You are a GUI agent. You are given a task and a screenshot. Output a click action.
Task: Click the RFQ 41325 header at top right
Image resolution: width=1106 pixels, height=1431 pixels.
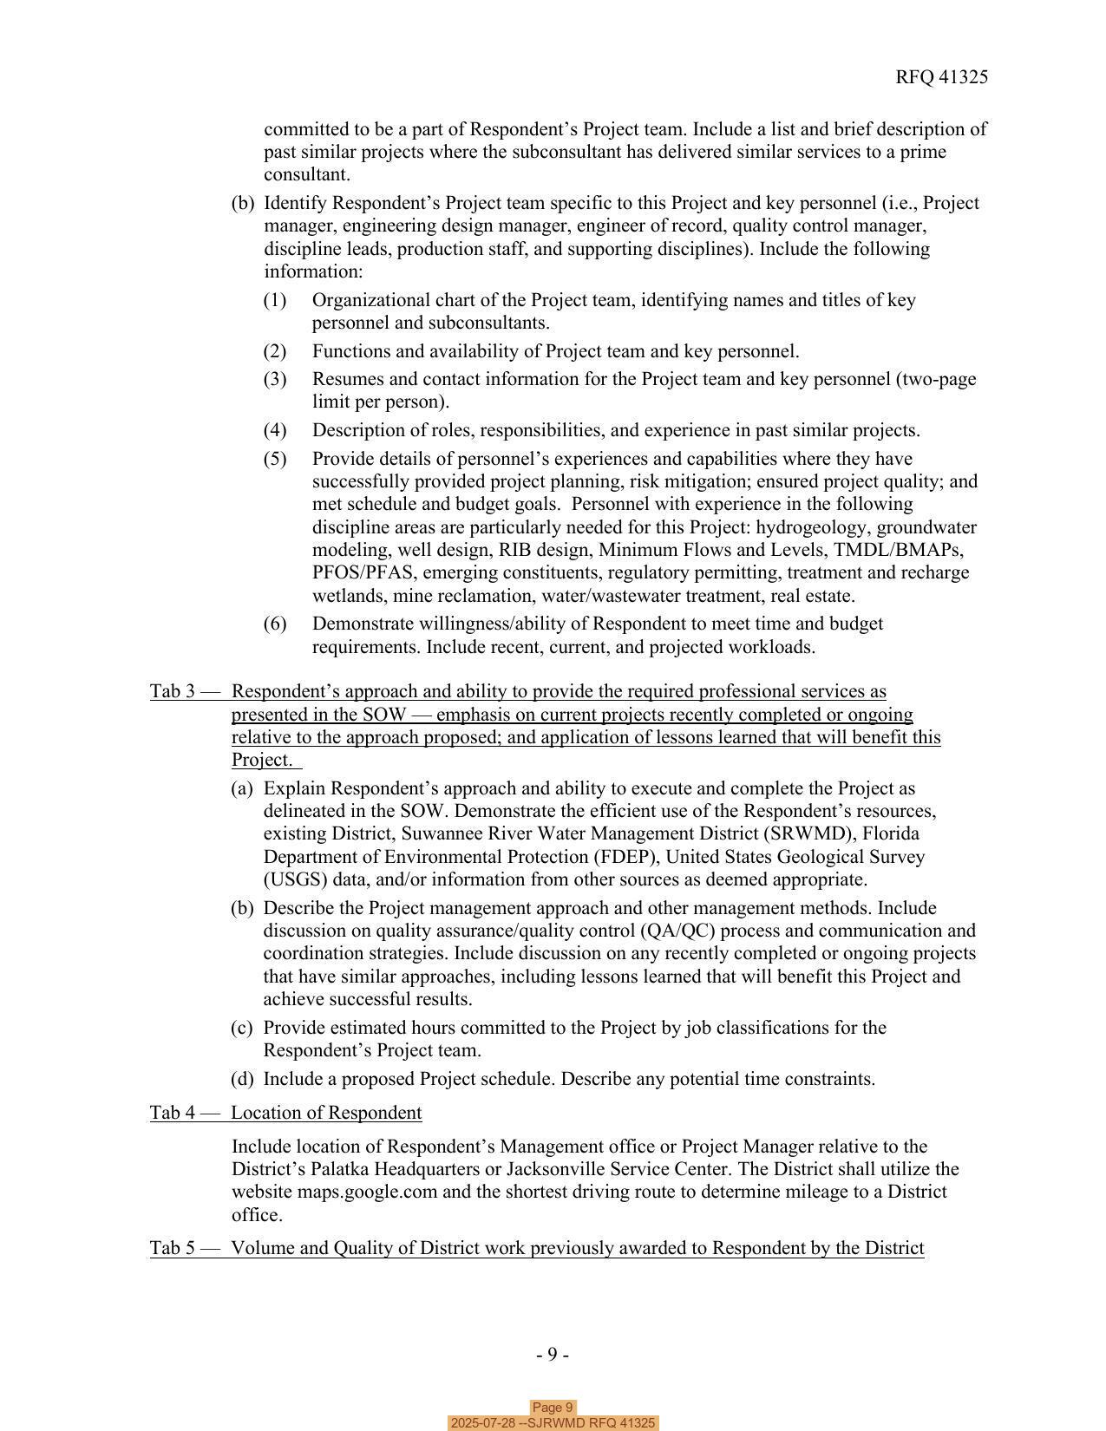(941, 77)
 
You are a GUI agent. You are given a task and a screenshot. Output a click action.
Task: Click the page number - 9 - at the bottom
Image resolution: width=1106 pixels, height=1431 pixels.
(553, 1355)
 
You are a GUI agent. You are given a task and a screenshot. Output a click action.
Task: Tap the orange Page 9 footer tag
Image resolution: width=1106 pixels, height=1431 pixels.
(553, 1408)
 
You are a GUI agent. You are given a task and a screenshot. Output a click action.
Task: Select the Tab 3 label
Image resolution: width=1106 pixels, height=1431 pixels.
(173, 691)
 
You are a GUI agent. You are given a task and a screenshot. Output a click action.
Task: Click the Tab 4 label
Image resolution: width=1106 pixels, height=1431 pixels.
(173, 1113)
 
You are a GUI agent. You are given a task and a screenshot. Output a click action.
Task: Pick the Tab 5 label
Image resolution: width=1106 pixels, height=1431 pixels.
(173, 1248)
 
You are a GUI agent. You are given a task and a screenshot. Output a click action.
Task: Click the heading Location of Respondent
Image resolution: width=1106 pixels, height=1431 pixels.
(326, 1113)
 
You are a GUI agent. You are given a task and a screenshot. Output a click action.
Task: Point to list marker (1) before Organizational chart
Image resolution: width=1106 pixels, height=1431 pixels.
(275, 300)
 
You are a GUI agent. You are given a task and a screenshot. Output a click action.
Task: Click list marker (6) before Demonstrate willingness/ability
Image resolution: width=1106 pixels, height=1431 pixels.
(275, 624)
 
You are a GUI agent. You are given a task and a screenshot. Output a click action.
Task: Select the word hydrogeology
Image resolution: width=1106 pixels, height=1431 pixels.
(813, 527)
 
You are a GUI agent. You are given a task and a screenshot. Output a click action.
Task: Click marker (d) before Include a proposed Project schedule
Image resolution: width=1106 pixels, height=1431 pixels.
(242, 1079)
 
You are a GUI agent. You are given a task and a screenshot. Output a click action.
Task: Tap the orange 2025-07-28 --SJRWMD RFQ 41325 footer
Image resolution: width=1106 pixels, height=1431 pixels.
(553, 1423)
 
